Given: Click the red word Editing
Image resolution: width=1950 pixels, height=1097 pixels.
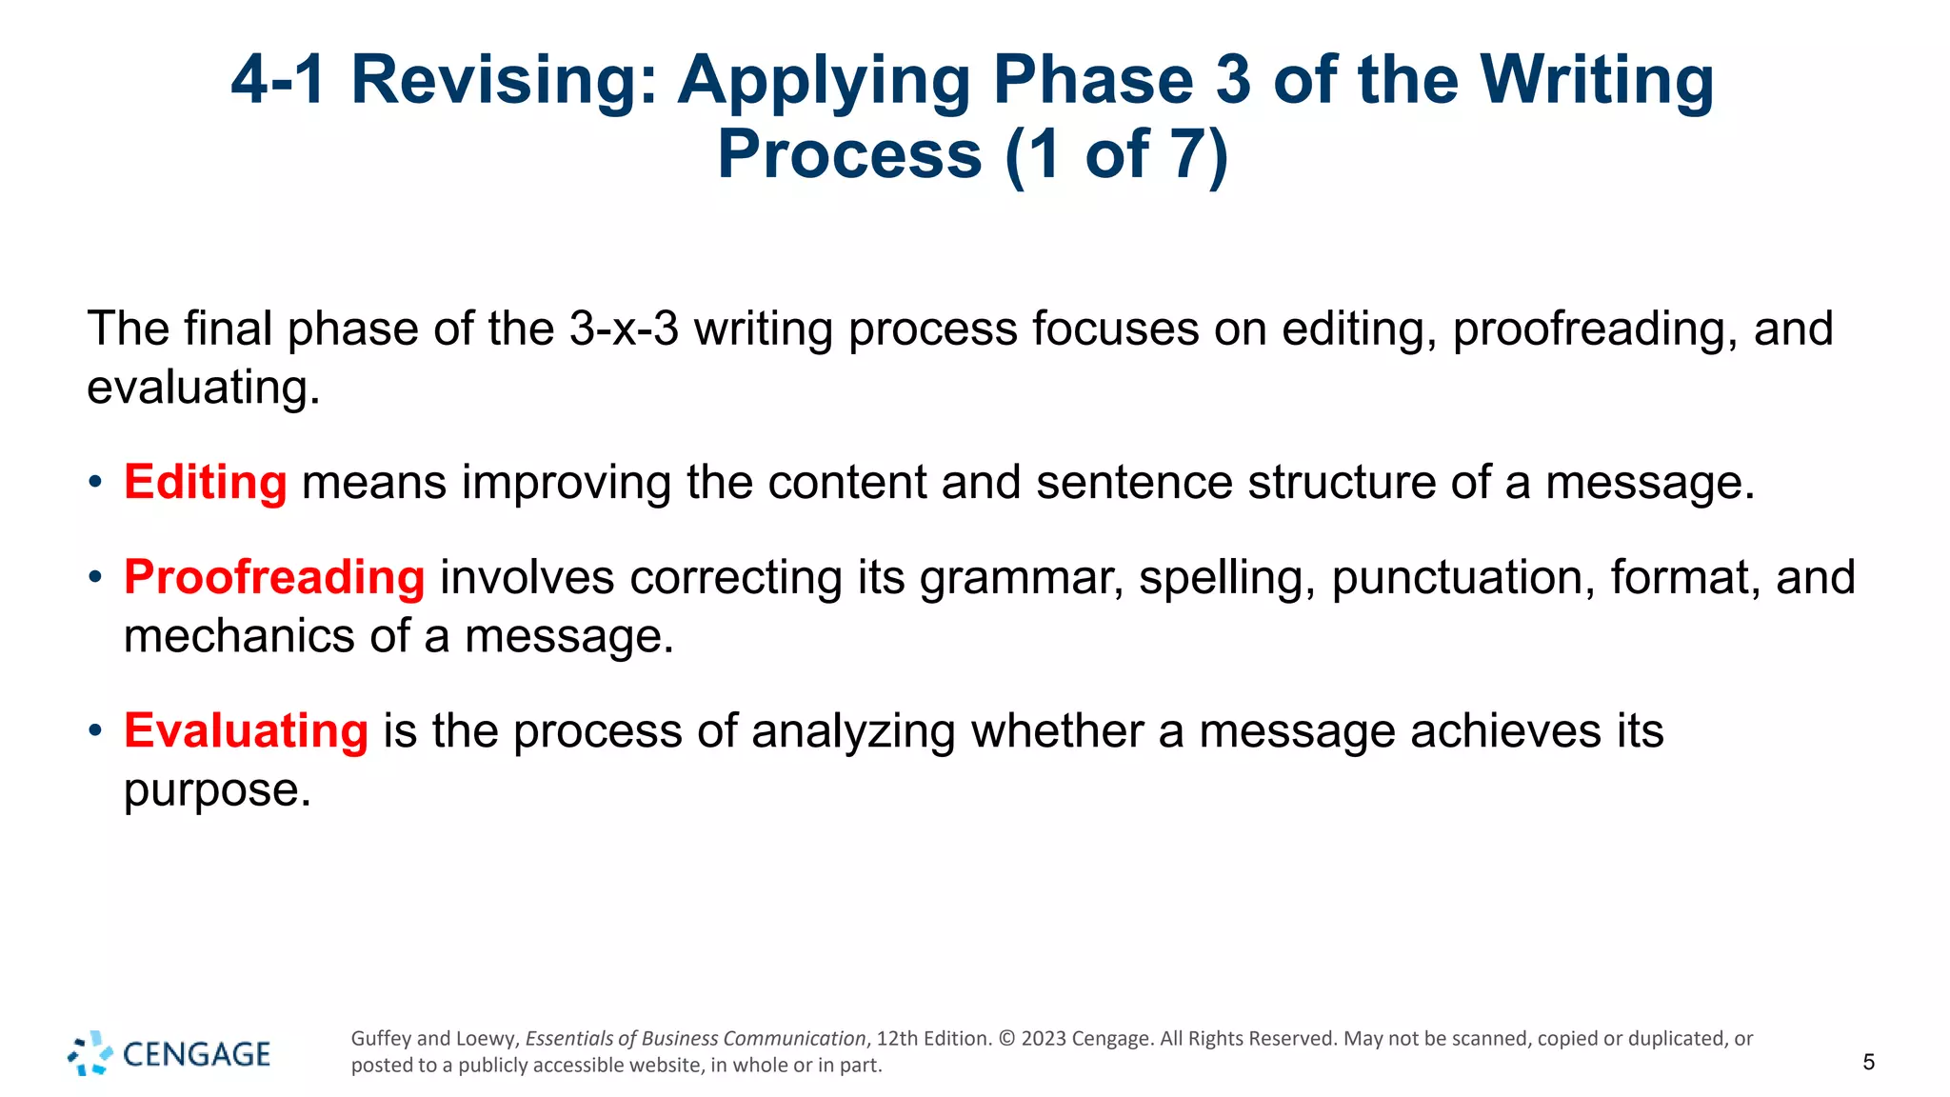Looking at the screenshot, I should [205, 482].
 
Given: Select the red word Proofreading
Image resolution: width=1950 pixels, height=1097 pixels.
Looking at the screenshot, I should [274, 577].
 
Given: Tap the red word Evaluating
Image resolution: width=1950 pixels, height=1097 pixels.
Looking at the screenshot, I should [246, 731].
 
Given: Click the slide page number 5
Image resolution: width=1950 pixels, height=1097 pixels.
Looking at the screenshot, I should [1868, 1063].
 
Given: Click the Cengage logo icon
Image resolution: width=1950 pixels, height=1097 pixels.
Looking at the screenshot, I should [90, 1053].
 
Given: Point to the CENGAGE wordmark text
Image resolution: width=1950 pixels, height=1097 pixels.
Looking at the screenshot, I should [197, 1054].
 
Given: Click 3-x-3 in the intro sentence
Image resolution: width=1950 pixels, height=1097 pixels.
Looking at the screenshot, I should [624, 329].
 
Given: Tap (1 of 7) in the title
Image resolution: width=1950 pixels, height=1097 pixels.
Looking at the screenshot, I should [1117, 154].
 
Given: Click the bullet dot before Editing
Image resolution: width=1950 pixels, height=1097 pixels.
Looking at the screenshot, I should [94, 482].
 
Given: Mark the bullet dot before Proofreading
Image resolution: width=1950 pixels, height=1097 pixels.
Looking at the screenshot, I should [94, 577].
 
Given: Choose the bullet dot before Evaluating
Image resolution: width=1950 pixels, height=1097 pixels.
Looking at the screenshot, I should [94, 731].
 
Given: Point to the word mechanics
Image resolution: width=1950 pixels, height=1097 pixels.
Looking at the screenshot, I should [238, 636].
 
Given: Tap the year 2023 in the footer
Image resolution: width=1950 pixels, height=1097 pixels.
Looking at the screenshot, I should [1044, 1039].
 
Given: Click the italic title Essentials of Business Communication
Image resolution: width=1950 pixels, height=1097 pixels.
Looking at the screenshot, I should [695, 1039].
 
